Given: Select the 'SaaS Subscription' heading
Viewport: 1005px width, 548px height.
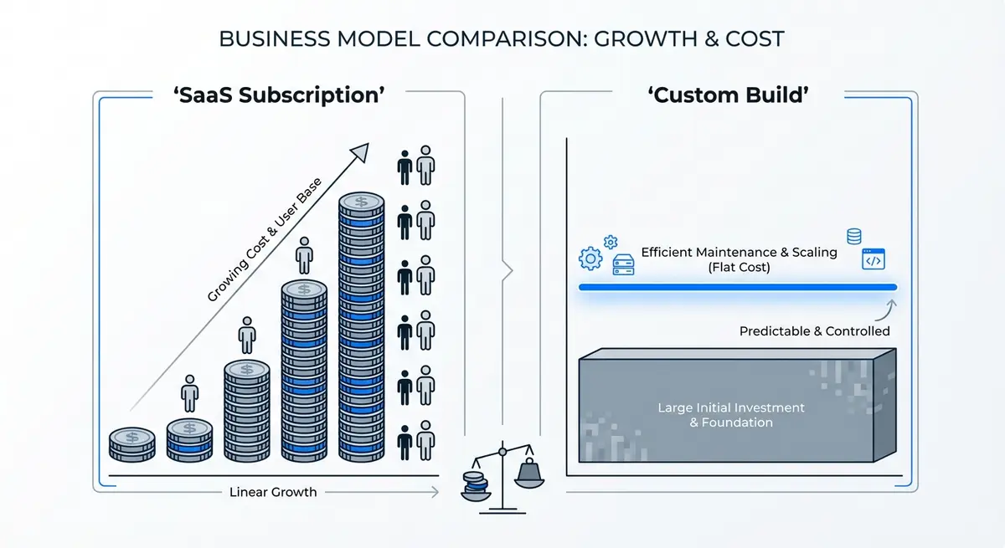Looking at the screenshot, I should (278, 95).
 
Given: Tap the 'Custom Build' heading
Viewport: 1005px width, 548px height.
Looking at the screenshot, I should (729, 95).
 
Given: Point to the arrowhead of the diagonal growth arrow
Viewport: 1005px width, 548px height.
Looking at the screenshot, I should (359, 151).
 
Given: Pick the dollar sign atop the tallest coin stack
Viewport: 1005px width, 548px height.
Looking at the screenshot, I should (361, 202).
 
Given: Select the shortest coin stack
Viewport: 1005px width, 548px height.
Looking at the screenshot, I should (132, 444).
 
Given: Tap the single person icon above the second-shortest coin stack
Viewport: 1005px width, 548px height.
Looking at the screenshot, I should (190, 393).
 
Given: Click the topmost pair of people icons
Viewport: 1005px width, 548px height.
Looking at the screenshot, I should (416, 166).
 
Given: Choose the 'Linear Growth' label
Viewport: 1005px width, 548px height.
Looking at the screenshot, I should (273, 492).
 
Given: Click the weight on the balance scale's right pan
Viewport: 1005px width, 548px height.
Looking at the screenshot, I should (528, 474).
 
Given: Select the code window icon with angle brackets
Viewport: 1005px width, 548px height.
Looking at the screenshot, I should (874, 260).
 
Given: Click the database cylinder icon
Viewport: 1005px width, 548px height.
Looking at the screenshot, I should (854, 236).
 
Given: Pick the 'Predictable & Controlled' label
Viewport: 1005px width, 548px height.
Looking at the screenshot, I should (814, 331).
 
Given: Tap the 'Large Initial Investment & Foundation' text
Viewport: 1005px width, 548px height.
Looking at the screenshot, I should (730, 415).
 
